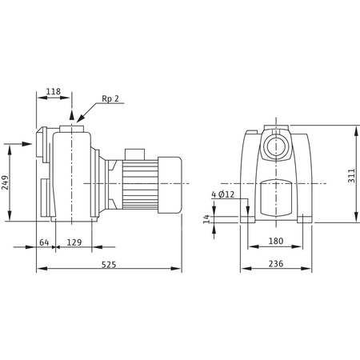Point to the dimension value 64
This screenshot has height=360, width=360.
coord(45,242)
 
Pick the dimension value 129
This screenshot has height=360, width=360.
coord(73,242)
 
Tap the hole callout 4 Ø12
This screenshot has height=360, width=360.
coord(223,194)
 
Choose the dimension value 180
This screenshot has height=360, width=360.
coord(276,242)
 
